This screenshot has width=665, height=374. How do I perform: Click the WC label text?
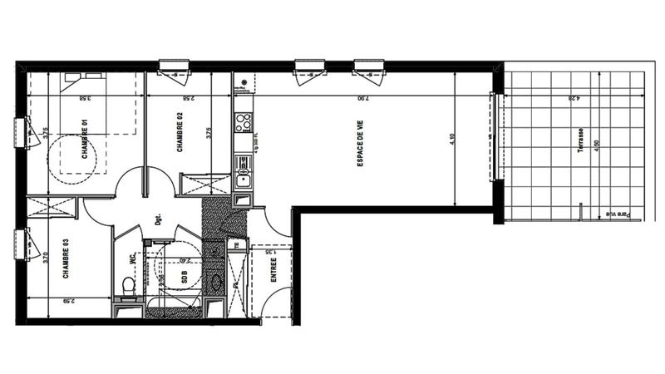click(131, 258)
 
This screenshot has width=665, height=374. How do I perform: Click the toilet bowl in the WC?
click(129, 287)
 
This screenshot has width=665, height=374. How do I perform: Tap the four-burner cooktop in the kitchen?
click(244, 123)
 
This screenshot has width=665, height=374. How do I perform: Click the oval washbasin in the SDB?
click(216, 283)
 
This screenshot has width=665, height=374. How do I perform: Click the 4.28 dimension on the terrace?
click(574, 98)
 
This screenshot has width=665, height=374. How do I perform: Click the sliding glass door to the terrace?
click(496, 136)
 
